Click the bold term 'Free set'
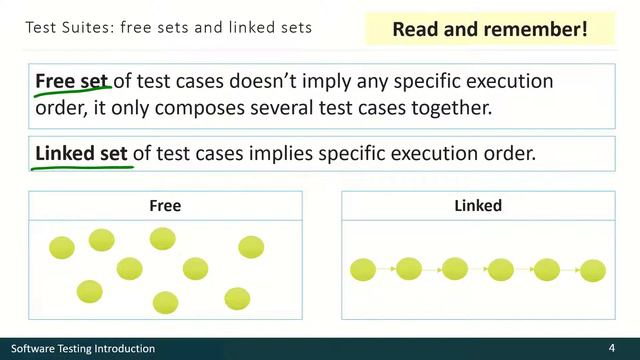tap(72, 81)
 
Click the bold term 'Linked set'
tap(82, 154)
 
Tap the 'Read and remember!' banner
tap(489, 29)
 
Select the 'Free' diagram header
tap(165, 206)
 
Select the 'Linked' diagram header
tap(477, 206)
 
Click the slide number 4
tap(611, 348)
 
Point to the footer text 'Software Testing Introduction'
tap(83, 348)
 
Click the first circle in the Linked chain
tap(362, 269)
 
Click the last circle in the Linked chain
tap(593, 270)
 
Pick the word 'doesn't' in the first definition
tap(289, 81)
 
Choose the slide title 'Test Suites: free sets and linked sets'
tap(169, 28)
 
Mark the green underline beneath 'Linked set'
tap(82, 167)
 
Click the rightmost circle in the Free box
tap(251, 247)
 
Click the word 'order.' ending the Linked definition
tap(511, 154)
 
